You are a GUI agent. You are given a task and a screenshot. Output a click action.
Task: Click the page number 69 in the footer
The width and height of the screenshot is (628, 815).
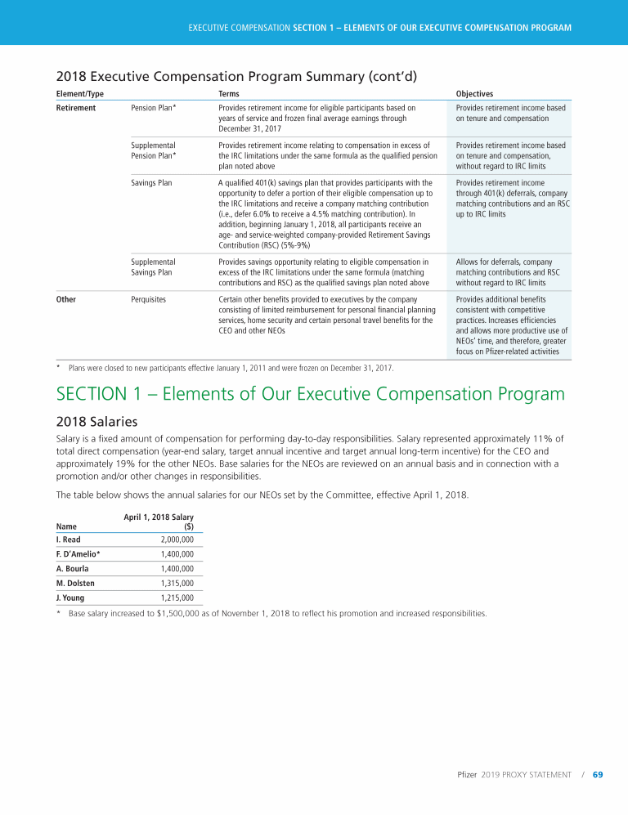click(x=598, y=774)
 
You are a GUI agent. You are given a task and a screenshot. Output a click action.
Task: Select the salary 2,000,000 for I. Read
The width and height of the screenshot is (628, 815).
click(x=177, y=540)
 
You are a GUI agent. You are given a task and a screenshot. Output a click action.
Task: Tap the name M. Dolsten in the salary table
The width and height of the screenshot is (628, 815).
click(x=73, y=583)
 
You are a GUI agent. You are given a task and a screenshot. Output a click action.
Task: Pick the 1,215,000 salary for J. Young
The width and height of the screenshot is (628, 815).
click(x=177, y=598)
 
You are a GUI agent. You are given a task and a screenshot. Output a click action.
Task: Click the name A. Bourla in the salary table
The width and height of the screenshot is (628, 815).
click(x=72, y=568)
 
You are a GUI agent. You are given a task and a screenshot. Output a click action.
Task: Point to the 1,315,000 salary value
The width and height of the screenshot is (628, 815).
click(x=177, y=583)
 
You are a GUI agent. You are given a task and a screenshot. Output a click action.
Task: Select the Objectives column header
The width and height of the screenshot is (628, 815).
click(x=474, y=94)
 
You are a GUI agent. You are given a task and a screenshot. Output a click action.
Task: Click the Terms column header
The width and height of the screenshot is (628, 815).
click(x=229, y=94)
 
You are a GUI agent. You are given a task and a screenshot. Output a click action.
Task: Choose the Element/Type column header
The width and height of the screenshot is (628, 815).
click(x=79, y=94)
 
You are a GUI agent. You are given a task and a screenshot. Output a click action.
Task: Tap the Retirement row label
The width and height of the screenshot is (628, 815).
click(x=75, y=108)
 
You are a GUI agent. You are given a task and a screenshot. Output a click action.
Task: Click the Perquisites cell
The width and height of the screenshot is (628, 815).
click(x=149, y=299)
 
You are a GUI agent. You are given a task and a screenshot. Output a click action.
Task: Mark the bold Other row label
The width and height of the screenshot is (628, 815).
click(x=66, y=299)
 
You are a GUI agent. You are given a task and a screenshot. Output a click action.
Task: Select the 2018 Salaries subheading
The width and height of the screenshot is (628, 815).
click(x=96, y=422)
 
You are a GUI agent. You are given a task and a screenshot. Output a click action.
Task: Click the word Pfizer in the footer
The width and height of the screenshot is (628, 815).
click(x=467, y=774)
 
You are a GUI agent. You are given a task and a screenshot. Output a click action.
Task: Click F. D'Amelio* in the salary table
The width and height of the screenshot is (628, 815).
click(x=78, y=554)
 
